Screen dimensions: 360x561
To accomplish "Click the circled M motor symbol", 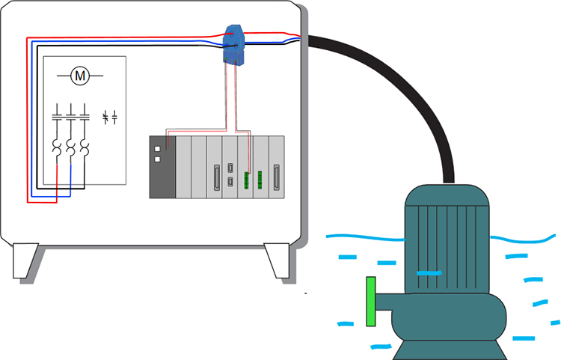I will point(79,76).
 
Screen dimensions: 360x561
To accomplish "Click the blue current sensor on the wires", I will point(236,44).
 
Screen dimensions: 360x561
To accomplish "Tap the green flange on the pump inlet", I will point(370,302).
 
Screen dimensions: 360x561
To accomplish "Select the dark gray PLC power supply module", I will point(162,167).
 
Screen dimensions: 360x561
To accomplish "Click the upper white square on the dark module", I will point(156,147).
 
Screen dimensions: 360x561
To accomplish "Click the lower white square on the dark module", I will point(156,159).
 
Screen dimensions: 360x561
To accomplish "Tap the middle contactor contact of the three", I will point(71,116).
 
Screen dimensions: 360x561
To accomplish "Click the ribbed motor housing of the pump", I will point(447,240).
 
